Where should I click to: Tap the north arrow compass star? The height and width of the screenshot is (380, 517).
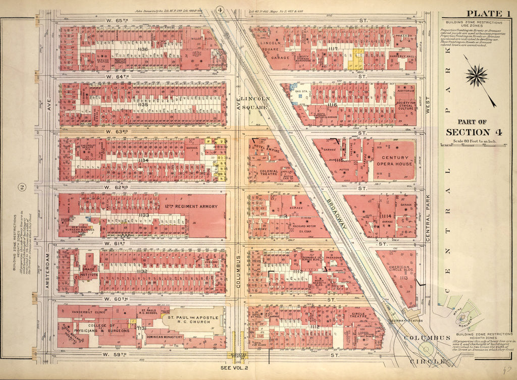[x=476, y=77]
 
